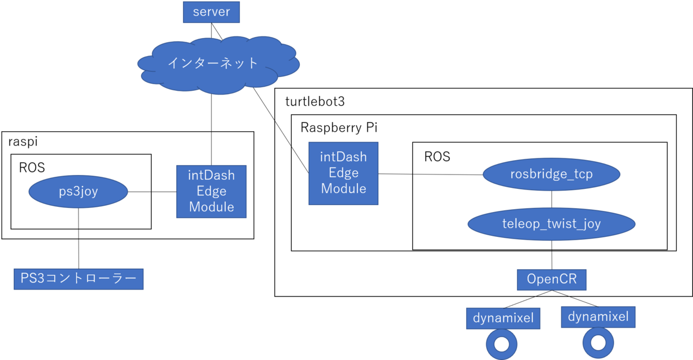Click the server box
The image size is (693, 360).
point(211,12)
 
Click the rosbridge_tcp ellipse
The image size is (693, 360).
point(552,175)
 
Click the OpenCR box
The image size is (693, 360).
point(552,280)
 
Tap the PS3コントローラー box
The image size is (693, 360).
point(78,279)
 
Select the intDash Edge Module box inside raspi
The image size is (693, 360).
point(211,191)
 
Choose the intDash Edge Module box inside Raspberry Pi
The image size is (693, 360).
point(343,172)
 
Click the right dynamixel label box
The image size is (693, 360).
point(598,317)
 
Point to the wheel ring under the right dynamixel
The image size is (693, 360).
point(598,344)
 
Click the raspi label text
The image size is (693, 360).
point(23,142)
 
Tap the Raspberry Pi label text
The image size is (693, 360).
point(339,128)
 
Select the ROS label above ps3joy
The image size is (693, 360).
point(32,168)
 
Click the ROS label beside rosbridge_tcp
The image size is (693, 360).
point(437,156)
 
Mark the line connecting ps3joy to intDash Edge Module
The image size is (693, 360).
point(151,192)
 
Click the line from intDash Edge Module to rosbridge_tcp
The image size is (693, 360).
point(430,174)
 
